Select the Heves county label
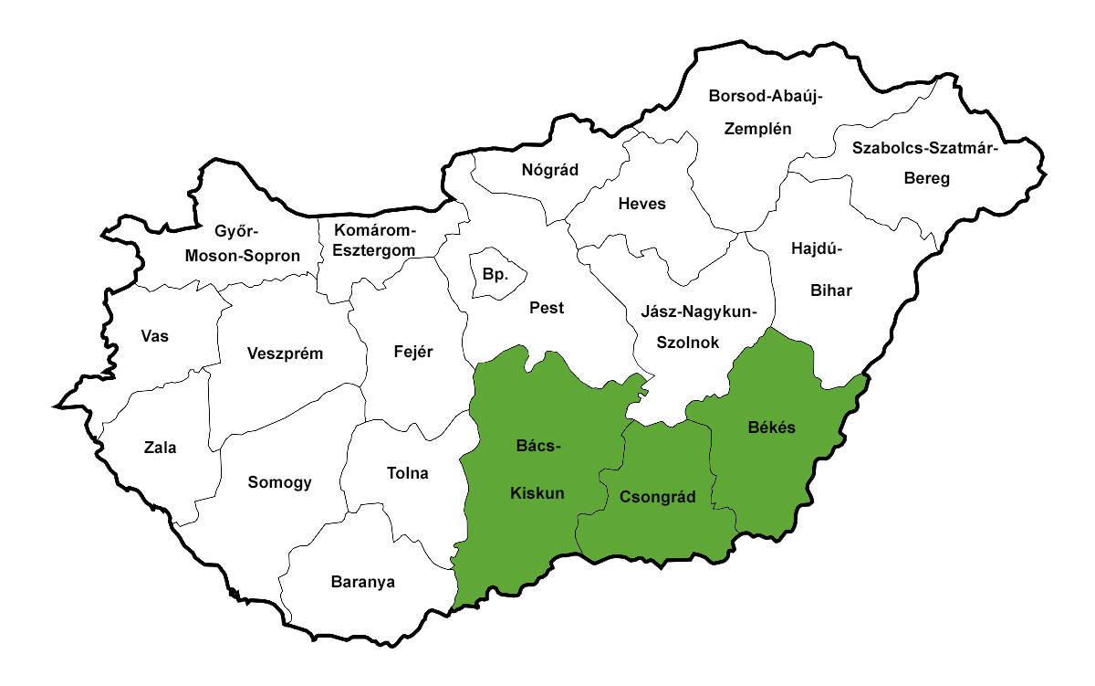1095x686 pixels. pyautogui.click(x=641, y=204)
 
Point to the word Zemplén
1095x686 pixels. pyautogui.click(x=757, y=128)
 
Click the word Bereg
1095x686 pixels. pyautogui.click(x=926, y=178)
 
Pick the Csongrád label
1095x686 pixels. pyautogui.click(x=657, y=498)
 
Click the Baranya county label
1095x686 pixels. pyautogui.click(x=363, y=581)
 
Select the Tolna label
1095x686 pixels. pyautogui.click(x=408, y=473)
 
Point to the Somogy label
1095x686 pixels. pyautogui.click(x=280, y=482)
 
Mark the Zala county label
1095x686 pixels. pyautogui.click(x=160, y=448)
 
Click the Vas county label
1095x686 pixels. pyautogui.click(x=154, y=335)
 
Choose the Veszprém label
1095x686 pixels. pyautogui.click(x=285, y=354)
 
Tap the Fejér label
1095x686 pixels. pyautogui.click(x=413, y=352)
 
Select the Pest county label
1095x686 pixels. pyautogui.click(x=547, y=308)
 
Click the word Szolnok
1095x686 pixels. pyautogui.click(x=688, y=343)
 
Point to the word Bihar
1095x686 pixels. pyautogui.click(x=831, y=290)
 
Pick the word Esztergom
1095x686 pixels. pyautogui.click(x=373, y=249)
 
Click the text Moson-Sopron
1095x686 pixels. pyautogui.click(x=242, y=256)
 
